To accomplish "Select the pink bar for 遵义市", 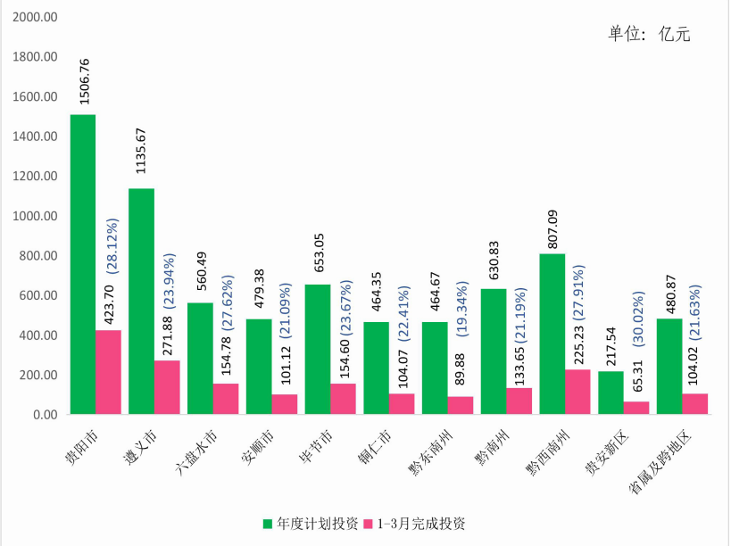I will click(x=167, y=387).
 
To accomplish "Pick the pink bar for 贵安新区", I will click(x=636, y=408).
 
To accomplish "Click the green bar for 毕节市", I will click(x=317, y=349).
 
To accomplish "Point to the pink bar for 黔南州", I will click(x=519, y=401).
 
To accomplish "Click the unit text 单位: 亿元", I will click(x=649, y=34).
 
